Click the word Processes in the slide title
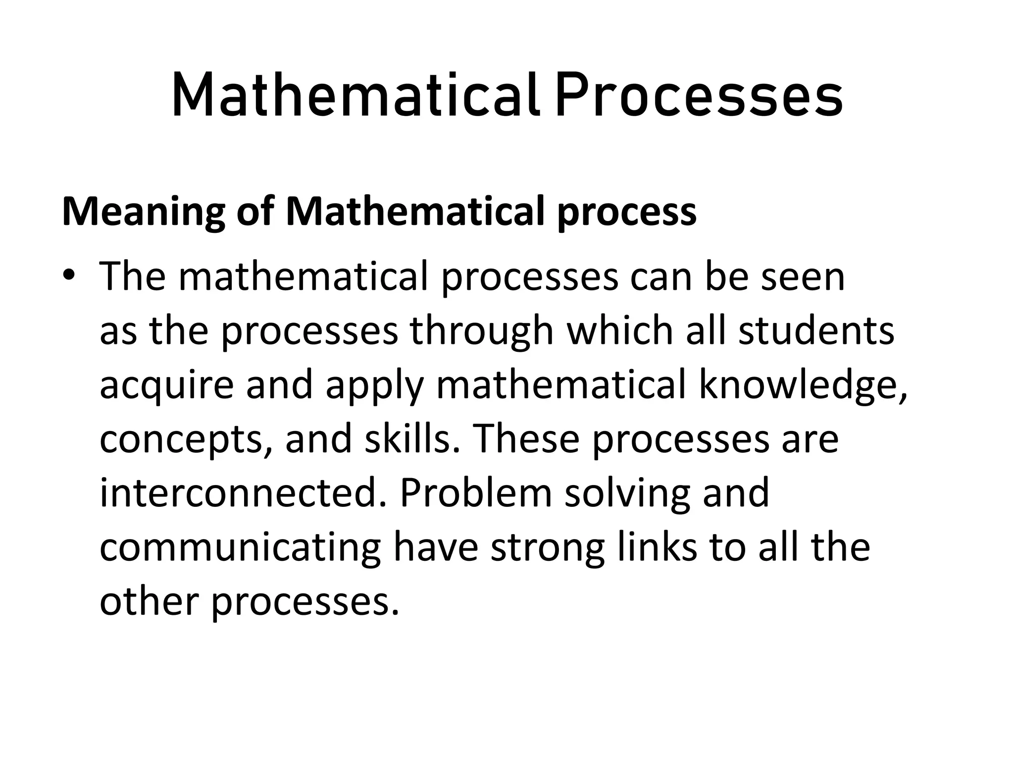point(698,95)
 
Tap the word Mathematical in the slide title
point(355,95)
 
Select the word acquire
point(166,385)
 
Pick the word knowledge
point(803,385)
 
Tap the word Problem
point(475,493)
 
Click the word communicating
point(240,548)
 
